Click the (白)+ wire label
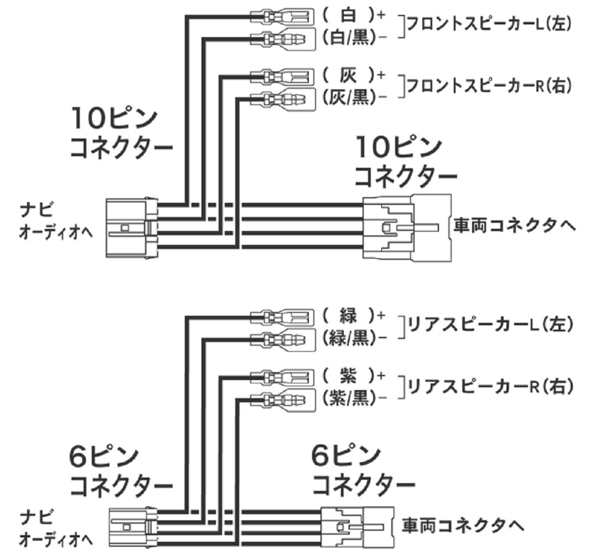click(353, 15)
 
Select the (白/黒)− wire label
click(353, 38)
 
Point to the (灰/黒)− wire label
click(353, 98)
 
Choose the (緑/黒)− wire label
click(353, 337)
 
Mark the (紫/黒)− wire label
click(353, 397)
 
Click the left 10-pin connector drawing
click(132, 228)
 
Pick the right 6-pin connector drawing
click(358, 525)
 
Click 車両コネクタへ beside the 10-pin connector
click(514, 226)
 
